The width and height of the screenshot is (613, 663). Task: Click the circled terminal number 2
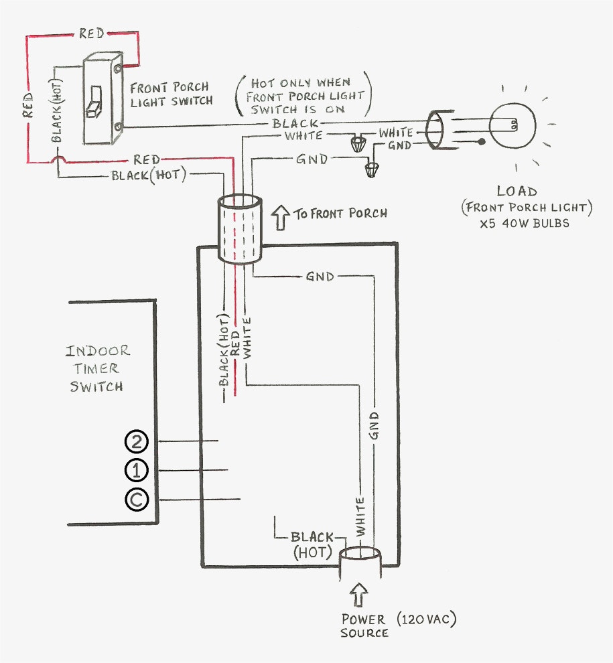[136, 442]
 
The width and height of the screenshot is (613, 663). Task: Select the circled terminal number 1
[136, 470]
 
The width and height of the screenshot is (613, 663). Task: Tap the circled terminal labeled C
[137, 500]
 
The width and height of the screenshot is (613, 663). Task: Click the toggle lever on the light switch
[94, 102]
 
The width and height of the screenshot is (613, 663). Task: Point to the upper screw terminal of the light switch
[119, 68]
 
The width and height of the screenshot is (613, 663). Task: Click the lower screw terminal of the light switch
[119, 126]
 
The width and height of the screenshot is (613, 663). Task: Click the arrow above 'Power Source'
[358, 595]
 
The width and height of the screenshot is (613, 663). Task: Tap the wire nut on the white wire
[358, 143]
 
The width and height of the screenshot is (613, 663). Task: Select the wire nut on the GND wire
[371, 169]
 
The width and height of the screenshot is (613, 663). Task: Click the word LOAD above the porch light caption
[517, 191]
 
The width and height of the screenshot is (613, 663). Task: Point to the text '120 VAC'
[427, 620]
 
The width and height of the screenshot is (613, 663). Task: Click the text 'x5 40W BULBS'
[525, 223]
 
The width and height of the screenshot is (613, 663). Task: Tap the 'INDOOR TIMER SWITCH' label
[97, 368]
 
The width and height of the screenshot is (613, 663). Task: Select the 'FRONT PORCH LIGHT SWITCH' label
[171, 94]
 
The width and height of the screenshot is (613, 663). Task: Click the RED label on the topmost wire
[91, 33]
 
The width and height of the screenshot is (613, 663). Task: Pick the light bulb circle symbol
[513, 125]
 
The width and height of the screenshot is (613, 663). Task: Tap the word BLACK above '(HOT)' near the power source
[312, 537]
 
